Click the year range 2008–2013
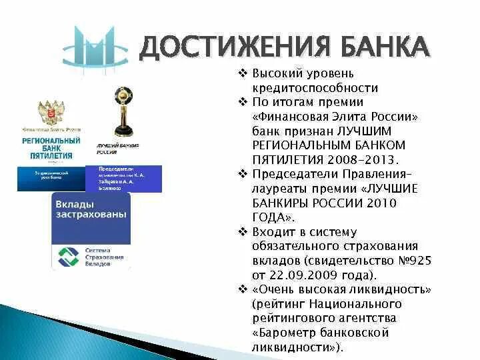pos(363,159)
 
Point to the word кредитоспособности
pos(315,88)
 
